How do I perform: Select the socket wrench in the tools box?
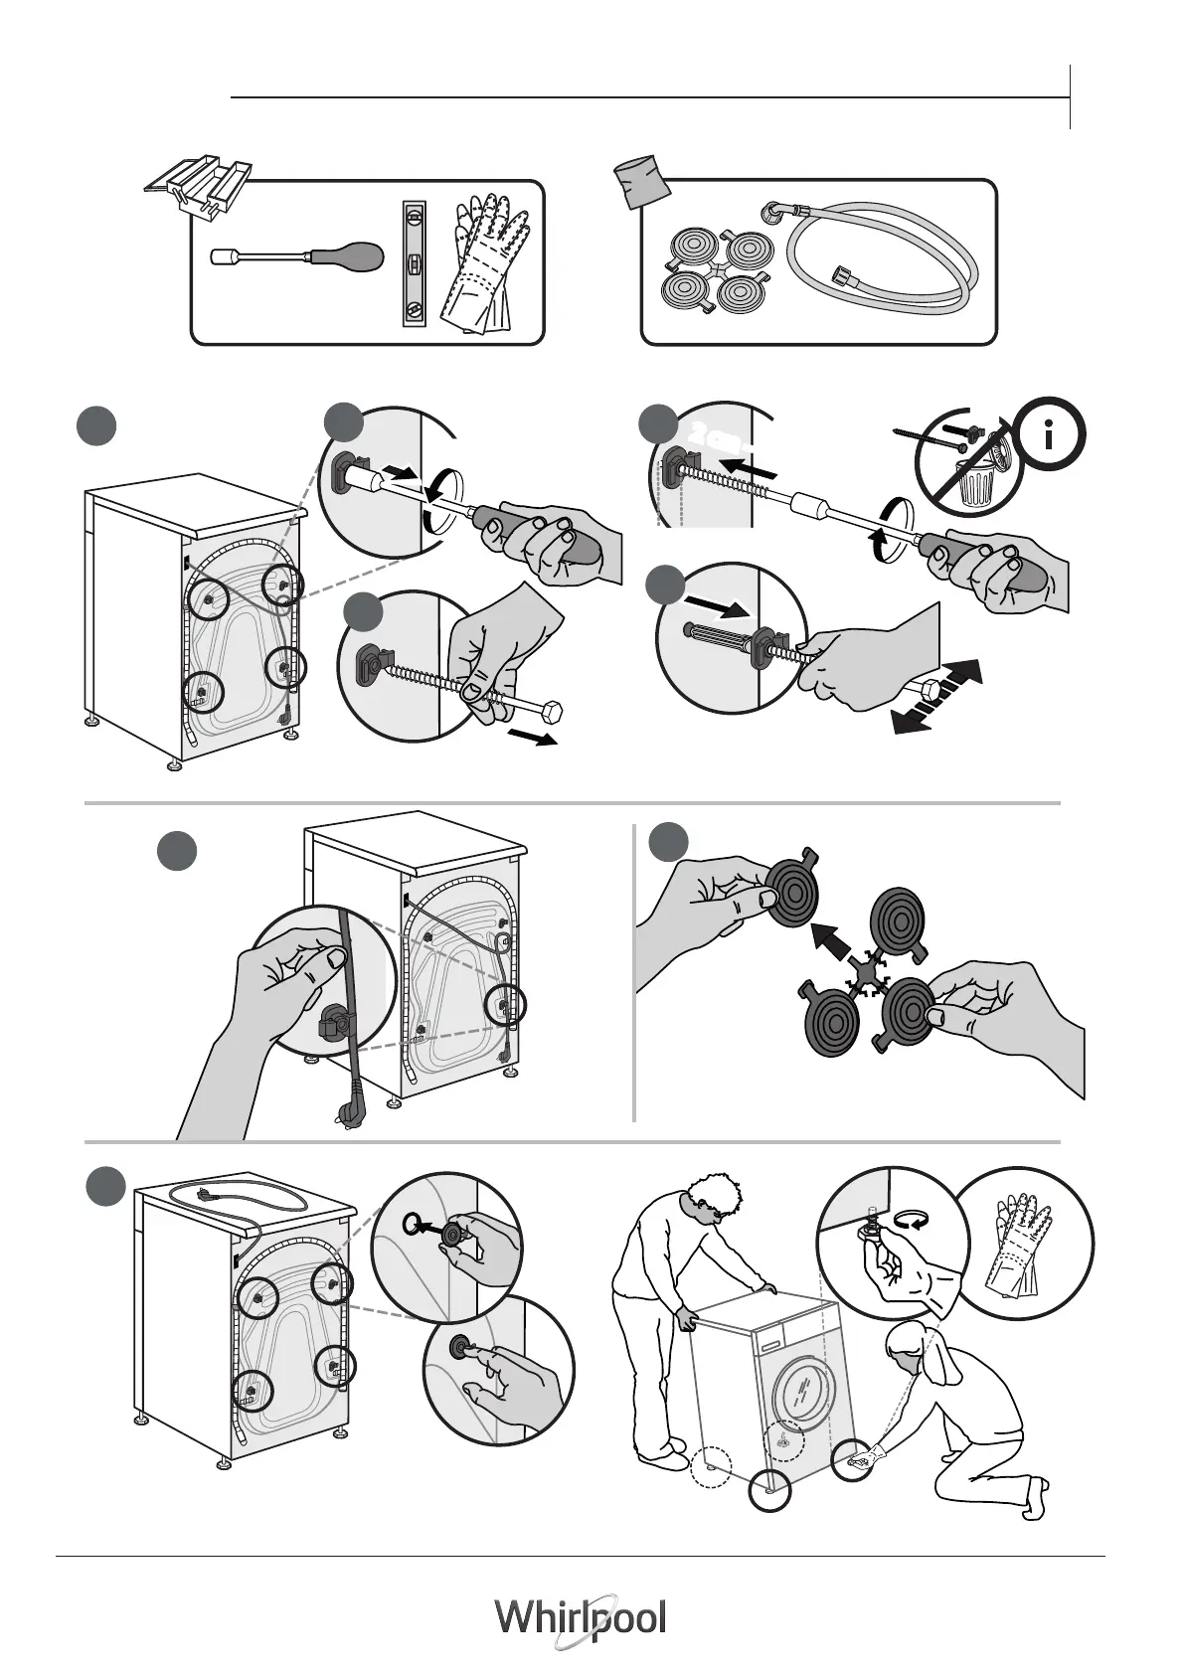[x=298, y=256]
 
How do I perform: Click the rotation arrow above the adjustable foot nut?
[x=909, y=1219]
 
